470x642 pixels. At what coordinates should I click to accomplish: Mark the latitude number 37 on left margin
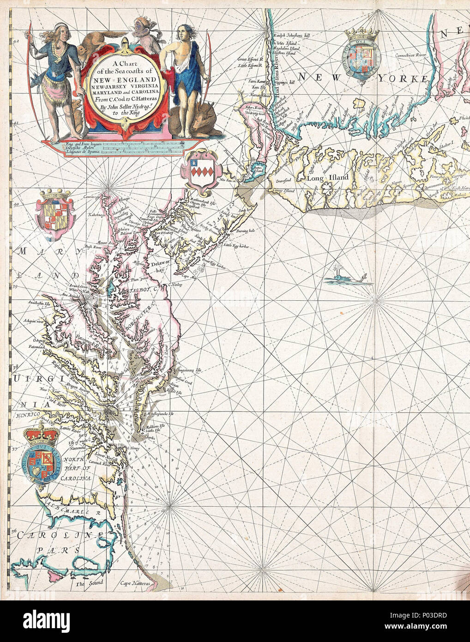15,448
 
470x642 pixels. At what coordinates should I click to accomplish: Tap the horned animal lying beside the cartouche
199,123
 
